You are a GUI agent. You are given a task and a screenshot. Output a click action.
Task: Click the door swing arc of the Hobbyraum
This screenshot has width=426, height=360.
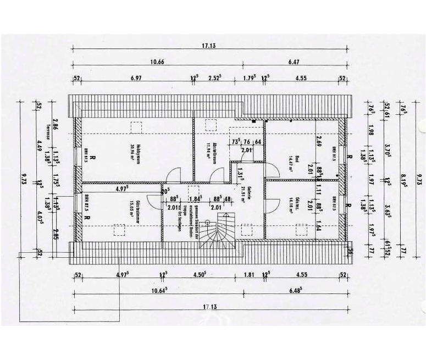(173, 173)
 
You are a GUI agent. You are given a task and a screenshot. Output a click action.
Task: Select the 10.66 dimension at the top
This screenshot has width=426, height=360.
(157, 62)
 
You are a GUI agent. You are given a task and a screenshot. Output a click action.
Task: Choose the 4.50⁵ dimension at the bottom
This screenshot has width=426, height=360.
(199, 274)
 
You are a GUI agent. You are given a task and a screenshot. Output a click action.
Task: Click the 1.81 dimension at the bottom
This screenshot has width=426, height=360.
(248, 274)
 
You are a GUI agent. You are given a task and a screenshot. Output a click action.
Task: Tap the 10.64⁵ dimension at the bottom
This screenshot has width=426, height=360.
(158, 290)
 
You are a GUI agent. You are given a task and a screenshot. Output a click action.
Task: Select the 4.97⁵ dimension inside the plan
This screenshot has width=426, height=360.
(121, 189)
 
